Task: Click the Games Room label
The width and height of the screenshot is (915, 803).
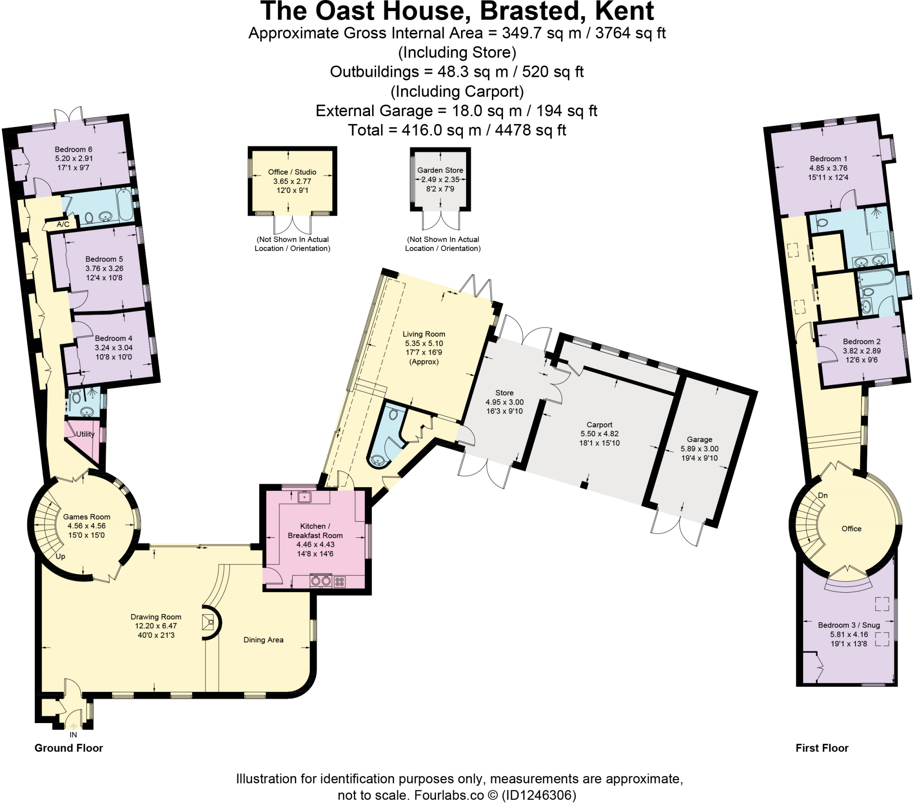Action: coord(86,517)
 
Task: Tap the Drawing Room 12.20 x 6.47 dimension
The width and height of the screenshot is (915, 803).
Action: coord(156,626)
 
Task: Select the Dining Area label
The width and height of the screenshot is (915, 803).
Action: coord(263,640)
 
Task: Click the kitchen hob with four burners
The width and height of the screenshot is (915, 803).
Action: coord(340,582)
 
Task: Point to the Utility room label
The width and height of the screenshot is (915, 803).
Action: coord(85,434)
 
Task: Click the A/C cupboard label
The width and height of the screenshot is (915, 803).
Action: coord(63,224)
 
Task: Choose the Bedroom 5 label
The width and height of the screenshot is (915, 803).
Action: coord(104,259)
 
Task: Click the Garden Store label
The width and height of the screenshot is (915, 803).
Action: coord(440,170)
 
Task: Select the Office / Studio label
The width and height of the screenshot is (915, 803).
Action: coord(292,172)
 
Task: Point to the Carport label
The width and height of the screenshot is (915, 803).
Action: coord(600,424)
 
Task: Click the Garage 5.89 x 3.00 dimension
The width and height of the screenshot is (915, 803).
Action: coord(700,448)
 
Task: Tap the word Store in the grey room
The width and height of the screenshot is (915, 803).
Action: coord(504,393)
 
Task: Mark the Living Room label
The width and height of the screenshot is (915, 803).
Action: coord(424,334)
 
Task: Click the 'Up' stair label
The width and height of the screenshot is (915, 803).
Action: coord(60,556)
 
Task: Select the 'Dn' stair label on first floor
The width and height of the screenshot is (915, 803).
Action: coord(823,495)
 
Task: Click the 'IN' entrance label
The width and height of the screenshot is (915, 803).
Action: coord(73,735)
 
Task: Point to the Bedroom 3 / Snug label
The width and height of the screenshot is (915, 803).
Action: coord(849,625)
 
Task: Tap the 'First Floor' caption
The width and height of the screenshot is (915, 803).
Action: coord(822,748)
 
